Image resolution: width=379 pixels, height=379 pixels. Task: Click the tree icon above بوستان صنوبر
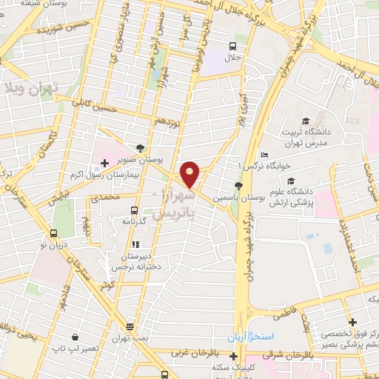(x=141, y=148)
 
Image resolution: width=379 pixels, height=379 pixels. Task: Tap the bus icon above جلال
(x=234, y=47)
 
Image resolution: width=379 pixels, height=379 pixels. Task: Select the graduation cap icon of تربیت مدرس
(x=305, y=121)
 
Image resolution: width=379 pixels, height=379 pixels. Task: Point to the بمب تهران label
(x=131, y=338)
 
